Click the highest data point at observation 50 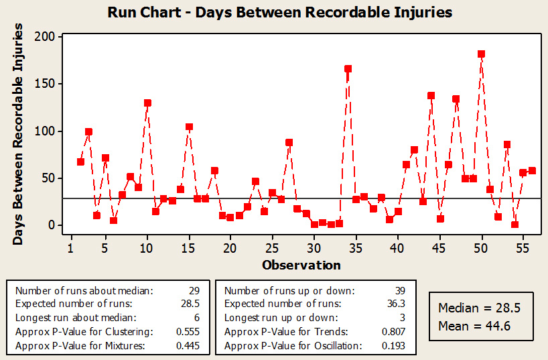tap(481, 54)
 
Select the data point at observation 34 tap(348, 68)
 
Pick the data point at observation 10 tap(147, 103)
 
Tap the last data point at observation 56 tap(532, 170)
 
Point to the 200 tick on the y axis tap(47, 37)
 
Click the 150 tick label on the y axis tap(47, 84)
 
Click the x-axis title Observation tap(301, 265)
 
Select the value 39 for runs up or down tap(401, 290)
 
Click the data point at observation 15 tap(189, 127)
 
